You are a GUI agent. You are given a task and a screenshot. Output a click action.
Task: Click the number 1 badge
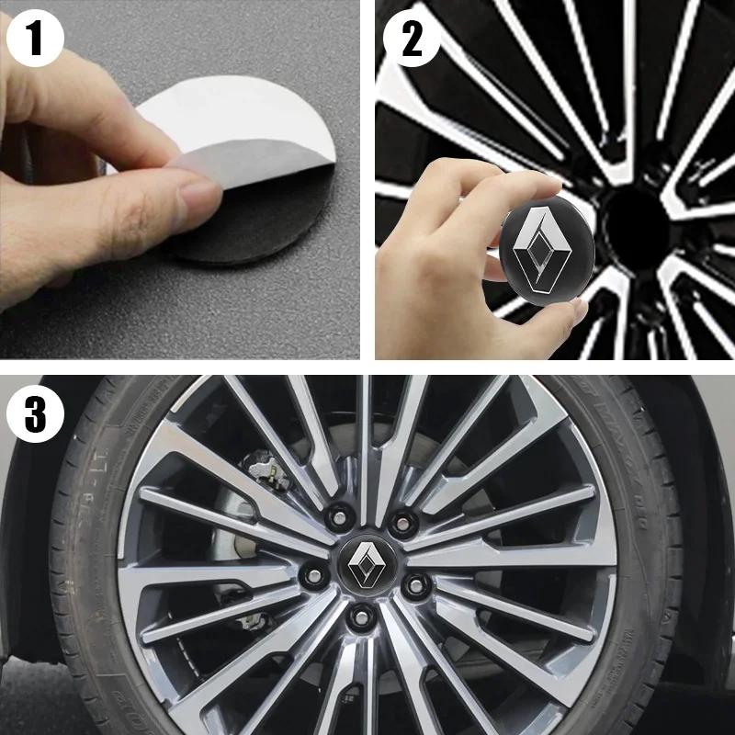tap(35, 40)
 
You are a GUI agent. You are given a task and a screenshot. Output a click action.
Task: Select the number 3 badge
tap(35, 414)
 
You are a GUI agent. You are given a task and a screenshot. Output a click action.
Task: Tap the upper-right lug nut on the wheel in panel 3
tap(401, 521)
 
